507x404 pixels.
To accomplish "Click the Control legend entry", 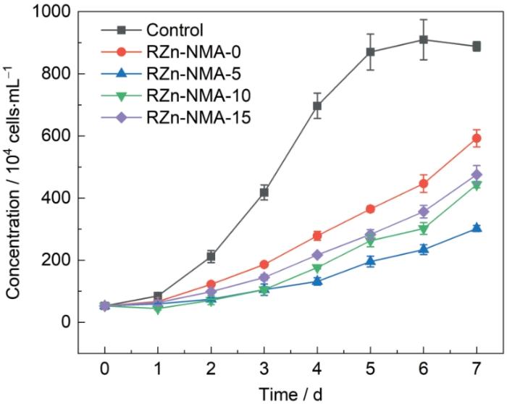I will pos(174,30).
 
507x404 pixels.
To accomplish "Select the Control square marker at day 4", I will pos(317,106).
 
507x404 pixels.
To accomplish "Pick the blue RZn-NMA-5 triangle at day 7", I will pos(477,228).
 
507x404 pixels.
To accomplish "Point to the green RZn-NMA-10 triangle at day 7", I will pos(477,186).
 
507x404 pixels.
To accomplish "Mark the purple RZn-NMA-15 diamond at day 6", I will pos(424,212).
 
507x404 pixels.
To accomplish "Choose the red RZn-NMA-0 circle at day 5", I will pos(371,209).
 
